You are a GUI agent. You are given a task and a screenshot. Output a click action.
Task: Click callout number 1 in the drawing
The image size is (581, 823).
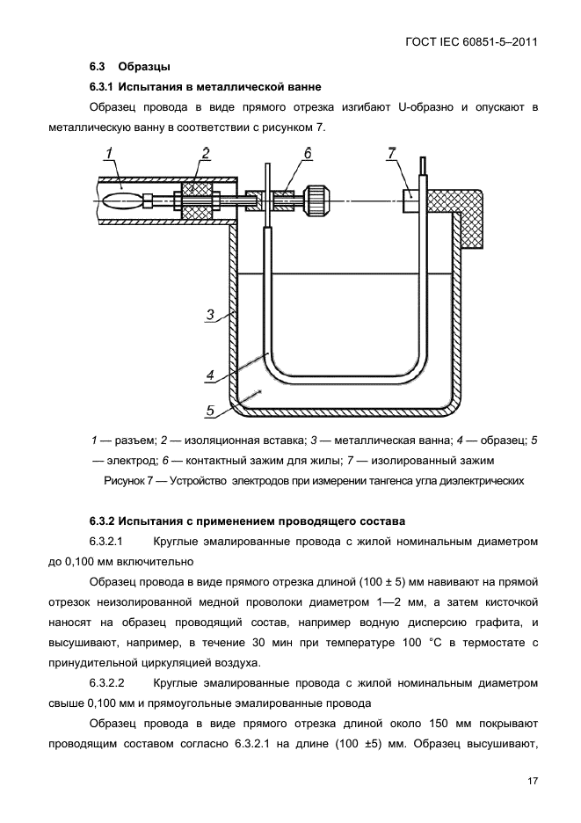pos(110,154)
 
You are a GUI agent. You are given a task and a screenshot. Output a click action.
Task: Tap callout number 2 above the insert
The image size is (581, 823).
pos(205,154)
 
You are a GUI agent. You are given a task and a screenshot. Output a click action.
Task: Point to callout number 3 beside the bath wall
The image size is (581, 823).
pos(210,314)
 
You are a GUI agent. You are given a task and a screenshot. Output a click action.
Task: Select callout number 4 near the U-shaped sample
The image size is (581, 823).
pos(210,375)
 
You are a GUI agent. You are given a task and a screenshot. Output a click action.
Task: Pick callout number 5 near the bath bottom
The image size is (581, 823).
pos(210,409)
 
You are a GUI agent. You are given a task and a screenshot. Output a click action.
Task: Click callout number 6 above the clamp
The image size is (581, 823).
pos(308,154)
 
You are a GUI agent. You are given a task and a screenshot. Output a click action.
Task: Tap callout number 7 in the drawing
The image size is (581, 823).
pos(392,154)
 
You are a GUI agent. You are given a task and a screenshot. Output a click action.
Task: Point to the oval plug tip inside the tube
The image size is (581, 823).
pos(120,200)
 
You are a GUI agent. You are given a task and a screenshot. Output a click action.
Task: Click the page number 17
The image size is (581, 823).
pos(533,781)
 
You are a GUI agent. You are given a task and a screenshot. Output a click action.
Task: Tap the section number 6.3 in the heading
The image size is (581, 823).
pos(98,67)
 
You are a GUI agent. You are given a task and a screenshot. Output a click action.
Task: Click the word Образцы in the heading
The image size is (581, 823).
pos(144,67)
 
